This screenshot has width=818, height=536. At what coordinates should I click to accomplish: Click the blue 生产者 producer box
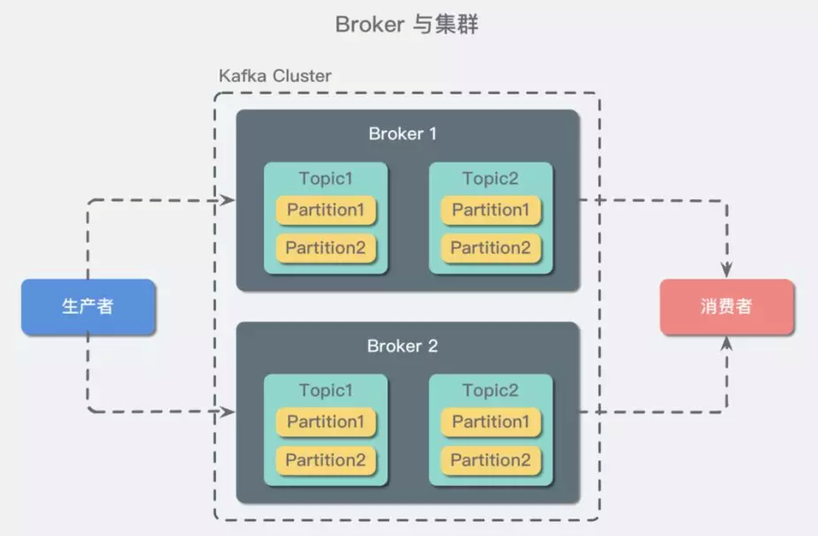[88, 307]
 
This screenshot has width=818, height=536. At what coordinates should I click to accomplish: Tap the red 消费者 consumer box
[726, 307]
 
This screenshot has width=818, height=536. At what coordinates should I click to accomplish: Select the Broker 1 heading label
[402, 134]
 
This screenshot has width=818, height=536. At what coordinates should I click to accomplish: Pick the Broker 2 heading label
[402, 346]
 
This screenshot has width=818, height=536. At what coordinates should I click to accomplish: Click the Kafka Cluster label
[275, 76]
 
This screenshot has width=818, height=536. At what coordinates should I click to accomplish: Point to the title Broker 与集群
[407, 24]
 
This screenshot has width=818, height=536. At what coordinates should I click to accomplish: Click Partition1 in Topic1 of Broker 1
[326, 210]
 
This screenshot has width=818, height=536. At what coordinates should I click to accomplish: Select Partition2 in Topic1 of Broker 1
[326, 248]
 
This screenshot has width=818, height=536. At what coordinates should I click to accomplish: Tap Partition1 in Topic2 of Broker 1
[491, 210]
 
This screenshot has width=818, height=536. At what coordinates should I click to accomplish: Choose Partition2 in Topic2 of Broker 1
[491, 248]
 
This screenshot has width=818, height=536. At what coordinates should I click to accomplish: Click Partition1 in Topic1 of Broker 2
[326, 422]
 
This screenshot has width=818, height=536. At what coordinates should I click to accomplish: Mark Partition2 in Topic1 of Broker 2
[326, 460]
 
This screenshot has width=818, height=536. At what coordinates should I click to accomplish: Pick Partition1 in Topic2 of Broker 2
[491, 422]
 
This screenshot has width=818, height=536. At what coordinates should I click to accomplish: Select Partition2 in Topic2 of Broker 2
[491, 460]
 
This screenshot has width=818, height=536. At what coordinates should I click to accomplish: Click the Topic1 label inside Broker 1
[326, 179]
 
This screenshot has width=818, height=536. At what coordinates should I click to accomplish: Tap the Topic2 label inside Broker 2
[491, 391]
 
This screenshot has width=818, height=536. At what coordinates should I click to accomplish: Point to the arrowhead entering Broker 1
[228, 201]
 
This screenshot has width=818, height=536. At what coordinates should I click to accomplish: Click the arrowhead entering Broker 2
[228, 413]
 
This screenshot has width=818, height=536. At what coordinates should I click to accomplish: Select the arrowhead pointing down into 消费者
[726, 270]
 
